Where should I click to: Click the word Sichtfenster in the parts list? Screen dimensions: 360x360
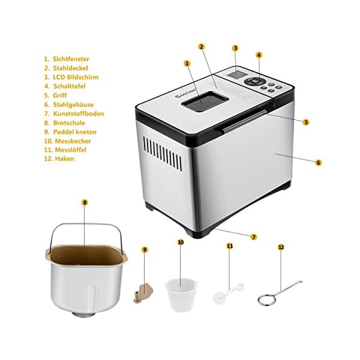[x=71, y=59]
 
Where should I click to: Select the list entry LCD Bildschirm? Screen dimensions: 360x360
[x=76, y=77]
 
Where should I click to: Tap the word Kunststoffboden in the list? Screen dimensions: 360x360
[x=79, y=113]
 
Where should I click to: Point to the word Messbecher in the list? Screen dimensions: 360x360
[x=73, y=141]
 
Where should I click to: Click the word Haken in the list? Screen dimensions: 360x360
[x=65, y=158]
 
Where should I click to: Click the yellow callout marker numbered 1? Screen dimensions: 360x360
[x=187, y=64]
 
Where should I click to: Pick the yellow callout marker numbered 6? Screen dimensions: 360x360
[x=318, y=163]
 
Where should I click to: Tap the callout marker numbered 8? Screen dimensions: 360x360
[x=85, y=203]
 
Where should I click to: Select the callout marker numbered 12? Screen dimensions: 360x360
[x=281, y=247]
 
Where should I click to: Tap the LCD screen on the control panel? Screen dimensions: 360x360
[x=238, y=74]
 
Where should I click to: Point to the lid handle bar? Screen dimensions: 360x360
[x=245, y=121]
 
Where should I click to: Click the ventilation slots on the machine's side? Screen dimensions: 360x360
[x=163, y=154]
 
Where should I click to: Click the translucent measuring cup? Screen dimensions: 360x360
[x=181, y=295]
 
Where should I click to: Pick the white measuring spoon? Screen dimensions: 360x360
[x=228, y=293]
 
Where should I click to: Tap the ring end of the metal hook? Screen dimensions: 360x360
[x=266, y=299]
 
